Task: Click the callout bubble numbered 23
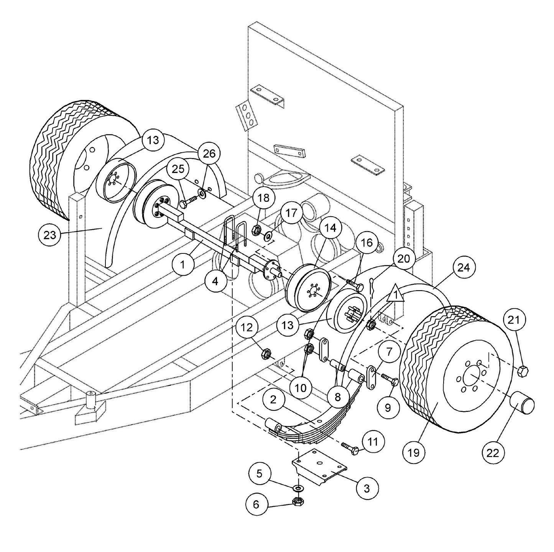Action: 50,235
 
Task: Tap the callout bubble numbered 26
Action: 209,154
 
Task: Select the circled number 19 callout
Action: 414,452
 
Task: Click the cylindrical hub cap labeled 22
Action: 521,405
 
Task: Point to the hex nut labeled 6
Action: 297,501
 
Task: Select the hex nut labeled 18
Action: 256,230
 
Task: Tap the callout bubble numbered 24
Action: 463,268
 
